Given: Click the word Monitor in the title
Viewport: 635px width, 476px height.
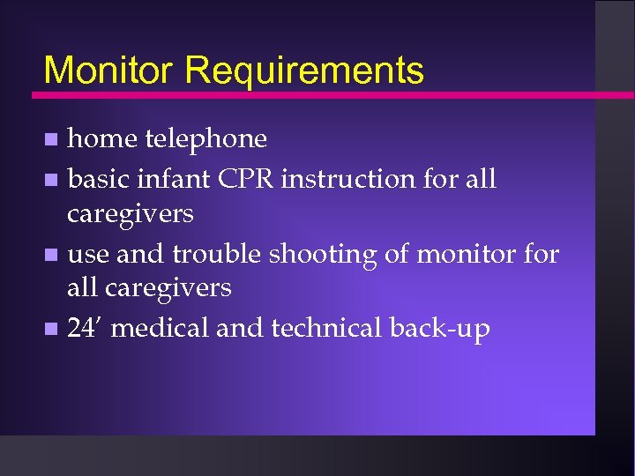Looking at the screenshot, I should [x=105, y=71].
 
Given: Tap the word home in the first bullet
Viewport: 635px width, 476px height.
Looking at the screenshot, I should [x=102, y=139].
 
